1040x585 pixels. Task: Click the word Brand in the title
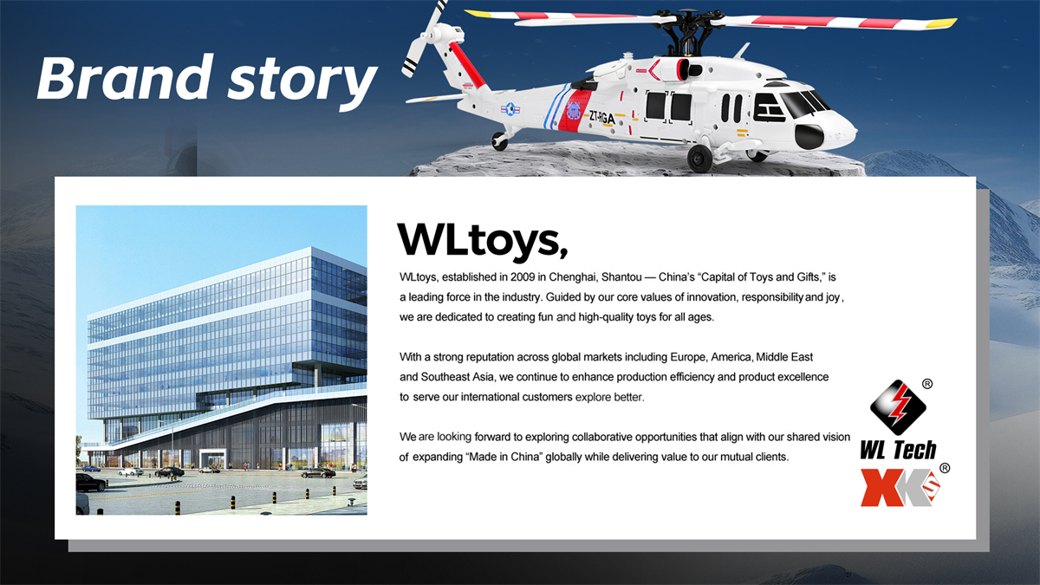pyautogui.click(x=126, y=77)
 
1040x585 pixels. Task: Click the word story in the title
pyautogui.click(x=302, y=82)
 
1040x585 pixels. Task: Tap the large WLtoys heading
pyautogui.click(x=482, y=240)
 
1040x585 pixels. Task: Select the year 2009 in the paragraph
pyautogui.click(x=523, y=277)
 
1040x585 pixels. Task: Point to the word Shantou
pyautogui.click(x=621, y=277)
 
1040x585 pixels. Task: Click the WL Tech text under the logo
pyautogui.click(x=898, y=450)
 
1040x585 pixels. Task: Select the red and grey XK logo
pyautogui.click(x=900, y=487)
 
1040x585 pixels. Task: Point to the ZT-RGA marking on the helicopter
pyautogui.click(x=602, y=118)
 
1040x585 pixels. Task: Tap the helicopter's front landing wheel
pyautogui.click(x=699, y=159)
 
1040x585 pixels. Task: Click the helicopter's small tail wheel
pyautogui.click(x=499, y=141)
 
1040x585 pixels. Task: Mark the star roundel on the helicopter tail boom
pyautogui.click(x=510, y=109)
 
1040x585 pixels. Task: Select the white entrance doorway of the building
pyautogui.click(x=213, y=458)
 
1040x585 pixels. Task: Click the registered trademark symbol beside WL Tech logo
pyautogui.click(x=927, y=384)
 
